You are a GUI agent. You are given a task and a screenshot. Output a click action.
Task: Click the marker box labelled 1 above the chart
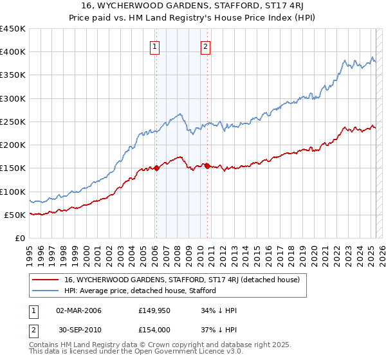[156, 46]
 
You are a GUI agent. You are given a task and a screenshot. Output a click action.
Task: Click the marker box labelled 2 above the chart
[205, 46]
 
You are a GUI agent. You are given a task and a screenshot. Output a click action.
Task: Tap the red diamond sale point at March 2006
[156, 168]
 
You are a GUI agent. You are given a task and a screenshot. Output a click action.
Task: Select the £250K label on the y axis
[14, 122]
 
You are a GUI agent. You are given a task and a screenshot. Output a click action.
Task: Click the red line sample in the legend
[46, 280]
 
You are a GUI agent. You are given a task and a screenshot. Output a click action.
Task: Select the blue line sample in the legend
[46, 291]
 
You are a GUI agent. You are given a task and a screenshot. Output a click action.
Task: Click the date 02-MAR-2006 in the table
[79, 310]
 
